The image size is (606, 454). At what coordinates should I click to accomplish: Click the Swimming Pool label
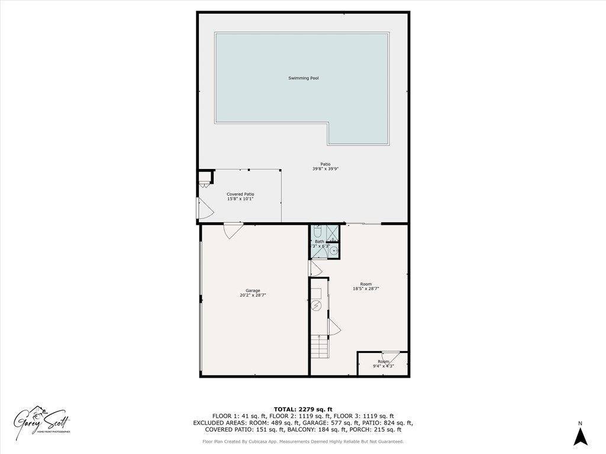coord(304,78)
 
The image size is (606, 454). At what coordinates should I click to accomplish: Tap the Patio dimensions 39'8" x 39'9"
coord(325,168)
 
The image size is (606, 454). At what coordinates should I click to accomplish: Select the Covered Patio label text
coord(240,194)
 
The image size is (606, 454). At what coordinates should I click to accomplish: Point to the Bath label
coord(319,241)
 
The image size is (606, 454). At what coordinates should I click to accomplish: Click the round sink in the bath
coord(333,251)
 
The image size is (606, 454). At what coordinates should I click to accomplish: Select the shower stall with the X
coord(333,233)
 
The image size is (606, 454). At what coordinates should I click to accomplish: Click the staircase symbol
coord(320,345)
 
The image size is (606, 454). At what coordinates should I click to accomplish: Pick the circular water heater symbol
coord(316,306)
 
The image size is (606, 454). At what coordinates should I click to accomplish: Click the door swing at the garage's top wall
coord(233,230)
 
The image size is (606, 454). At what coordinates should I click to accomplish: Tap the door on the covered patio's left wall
coord(203,207)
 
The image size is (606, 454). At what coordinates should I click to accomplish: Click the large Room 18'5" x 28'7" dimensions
coord(366,288)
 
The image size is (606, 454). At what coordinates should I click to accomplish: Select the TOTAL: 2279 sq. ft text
coord(303,409)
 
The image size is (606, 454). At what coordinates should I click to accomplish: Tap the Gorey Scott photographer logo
coord(43,421)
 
